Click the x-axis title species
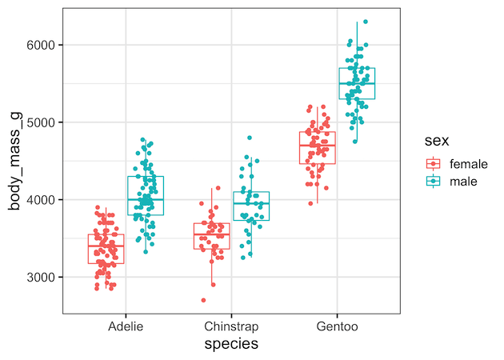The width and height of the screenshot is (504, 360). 231,344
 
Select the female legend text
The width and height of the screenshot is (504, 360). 468,163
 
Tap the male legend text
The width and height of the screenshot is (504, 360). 463,182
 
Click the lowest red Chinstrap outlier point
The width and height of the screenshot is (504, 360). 203,300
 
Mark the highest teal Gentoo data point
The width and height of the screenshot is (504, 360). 366,22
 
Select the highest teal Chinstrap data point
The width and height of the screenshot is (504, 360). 249,138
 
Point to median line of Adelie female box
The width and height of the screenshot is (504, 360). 106,247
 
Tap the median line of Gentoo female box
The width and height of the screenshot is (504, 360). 318,146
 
